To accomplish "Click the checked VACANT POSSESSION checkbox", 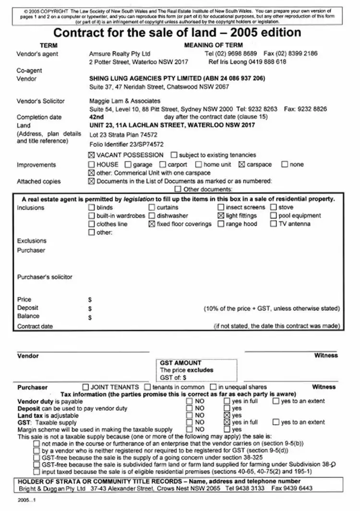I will click(x=92, y=155).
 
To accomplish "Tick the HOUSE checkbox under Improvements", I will click(x=92, y=165).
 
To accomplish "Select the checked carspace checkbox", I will click(x=242, y=165).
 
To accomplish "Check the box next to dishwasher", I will click(x=152, y=216).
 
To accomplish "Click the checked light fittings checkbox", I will click(x=221, y=216).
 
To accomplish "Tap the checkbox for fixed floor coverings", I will click(x=152, y=224).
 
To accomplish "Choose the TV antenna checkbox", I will click(x=274, y=224).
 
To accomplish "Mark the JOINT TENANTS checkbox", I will click(x=86, y=387).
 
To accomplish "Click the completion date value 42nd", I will click(x=96, y=117).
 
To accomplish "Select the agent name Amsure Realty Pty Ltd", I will click(x=120, y=54).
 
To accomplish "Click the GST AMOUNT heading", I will click(x=180, y=363).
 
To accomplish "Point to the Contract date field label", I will click(x=35, y=327).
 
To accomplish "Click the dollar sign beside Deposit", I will click(x=90, y=308).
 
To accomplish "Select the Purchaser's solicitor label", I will click(x=45, y=277).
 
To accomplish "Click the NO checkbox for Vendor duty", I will click(x=190, y=401).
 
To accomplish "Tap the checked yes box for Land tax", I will click(x=227, y=415).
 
